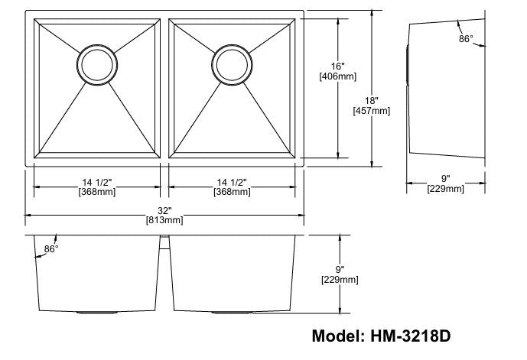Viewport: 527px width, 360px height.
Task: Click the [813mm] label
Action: [164, 220]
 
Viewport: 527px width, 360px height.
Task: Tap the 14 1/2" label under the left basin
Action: [97, 182]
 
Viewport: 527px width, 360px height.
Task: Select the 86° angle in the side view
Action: [465, 37]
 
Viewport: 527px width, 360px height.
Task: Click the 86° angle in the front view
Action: [51, 249]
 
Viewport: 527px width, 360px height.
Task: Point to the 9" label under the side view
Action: [445, 178]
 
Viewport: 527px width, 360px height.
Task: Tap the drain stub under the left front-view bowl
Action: [97, 313]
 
